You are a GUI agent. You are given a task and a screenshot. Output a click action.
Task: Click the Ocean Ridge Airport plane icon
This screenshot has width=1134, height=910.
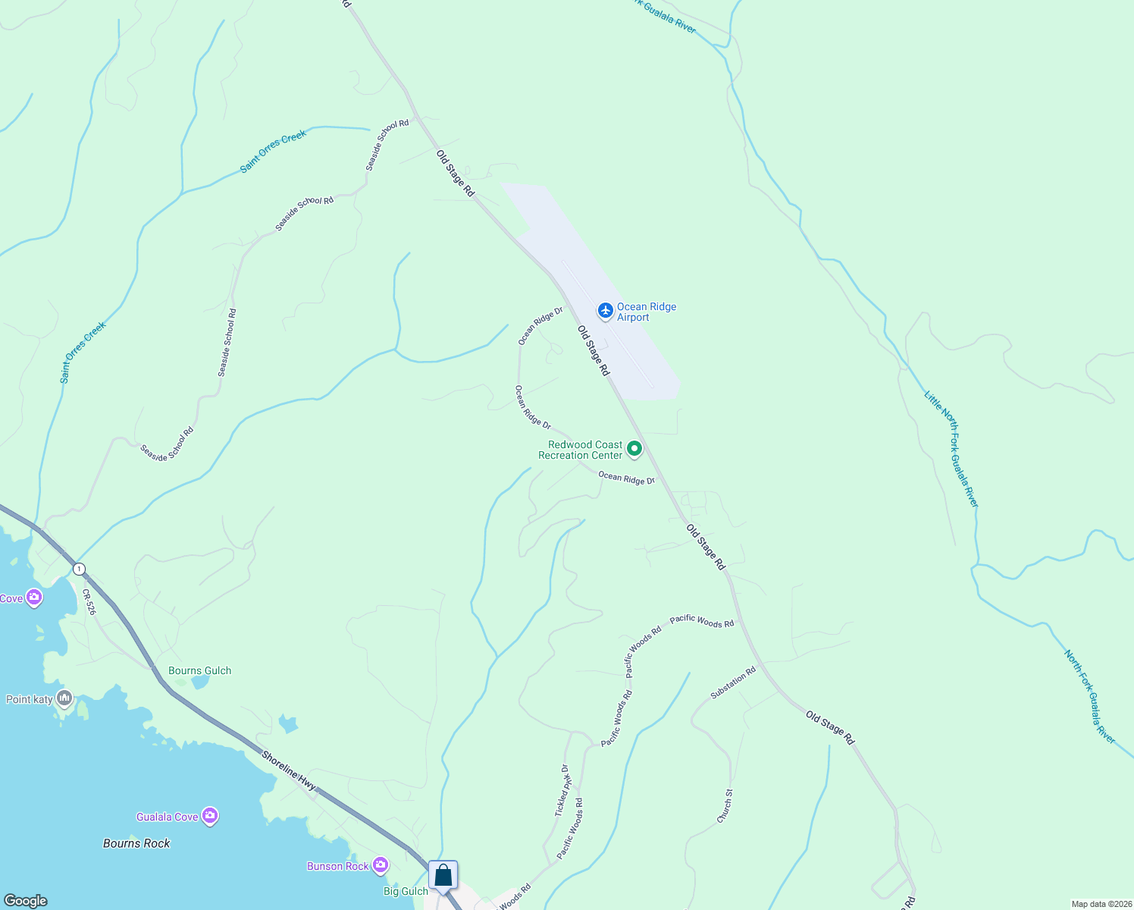coord(605,310)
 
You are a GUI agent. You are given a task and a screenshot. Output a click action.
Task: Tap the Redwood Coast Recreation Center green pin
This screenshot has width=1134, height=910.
coord(634,449)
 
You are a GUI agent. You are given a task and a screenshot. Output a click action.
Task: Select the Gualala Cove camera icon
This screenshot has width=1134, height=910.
coord(211,816)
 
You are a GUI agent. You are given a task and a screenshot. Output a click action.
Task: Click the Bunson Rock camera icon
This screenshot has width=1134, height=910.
coord(381,864)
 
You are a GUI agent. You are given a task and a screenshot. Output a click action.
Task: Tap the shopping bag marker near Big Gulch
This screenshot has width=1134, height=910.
coord(443,876)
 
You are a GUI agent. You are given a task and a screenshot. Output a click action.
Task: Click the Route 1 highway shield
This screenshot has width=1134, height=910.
coord(79,569)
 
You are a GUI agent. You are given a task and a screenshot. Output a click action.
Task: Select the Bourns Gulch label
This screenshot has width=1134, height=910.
coord(199,670)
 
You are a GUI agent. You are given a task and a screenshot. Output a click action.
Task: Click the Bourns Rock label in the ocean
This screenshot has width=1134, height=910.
coord(136,843)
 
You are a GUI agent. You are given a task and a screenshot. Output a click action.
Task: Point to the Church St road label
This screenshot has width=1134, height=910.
coord(725,806)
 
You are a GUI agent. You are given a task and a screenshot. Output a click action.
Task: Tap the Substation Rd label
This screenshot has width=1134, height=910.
coord(733,682)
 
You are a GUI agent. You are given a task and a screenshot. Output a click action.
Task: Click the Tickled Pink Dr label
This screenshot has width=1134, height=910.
coord(562,790)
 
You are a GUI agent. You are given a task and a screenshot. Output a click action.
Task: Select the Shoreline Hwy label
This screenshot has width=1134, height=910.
coord(289,770)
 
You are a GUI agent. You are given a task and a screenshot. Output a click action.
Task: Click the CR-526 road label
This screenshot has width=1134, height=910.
coord(89,602)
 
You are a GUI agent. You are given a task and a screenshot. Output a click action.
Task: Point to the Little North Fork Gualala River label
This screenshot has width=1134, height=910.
coord(951,448)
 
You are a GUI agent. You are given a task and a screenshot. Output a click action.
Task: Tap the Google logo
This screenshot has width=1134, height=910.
coord(25,901)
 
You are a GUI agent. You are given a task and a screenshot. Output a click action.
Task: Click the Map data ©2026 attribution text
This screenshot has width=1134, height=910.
coord(1101,904)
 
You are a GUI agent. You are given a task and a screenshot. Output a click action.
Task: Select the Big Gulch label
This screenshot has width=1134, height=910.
coord(406,891)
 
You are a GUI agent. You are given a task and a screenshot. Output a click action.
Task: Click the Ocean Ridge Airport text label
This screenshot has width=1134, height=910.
coord(646,312)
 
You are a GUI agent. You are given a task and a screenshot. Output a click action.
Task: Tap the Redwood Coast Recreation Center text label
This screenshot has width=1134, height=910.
coord(580,450)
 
